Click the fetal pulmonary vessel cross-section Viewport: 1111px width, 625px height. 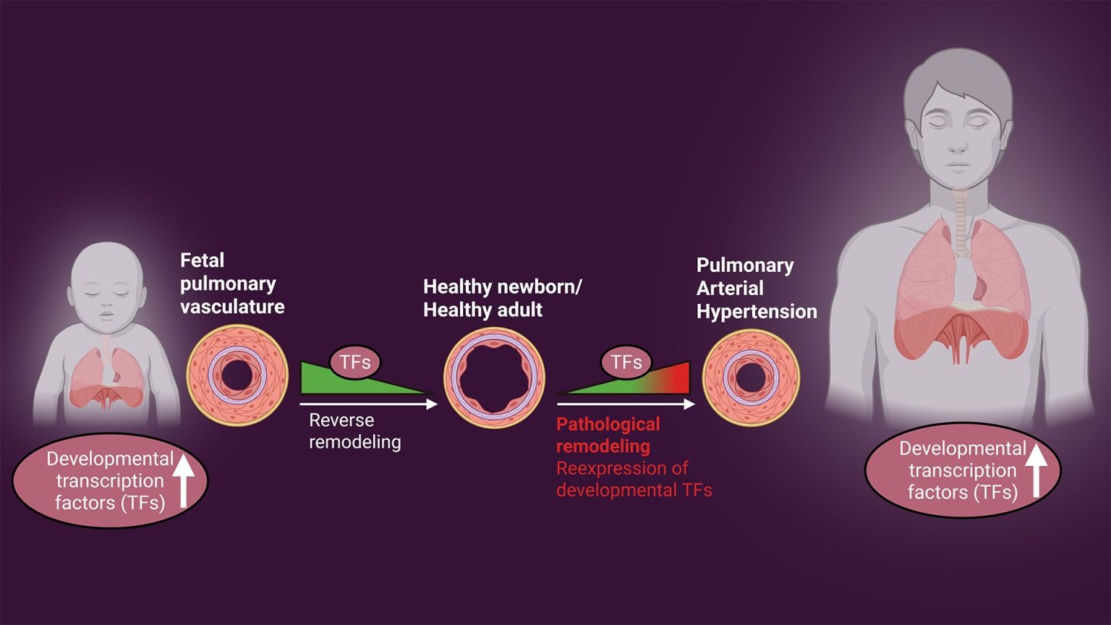pyautogui.click(x=237, y=375)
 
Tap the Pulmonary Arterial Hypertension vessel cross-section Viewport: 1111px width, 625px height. pyautogui.click(x=751, y=377)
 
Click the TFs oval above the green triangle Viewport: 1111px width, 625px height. pyautogui.click(x=354, y=362)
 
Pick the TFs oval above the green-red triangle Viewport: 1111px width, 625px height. pyautogui.click(x=626, y=362)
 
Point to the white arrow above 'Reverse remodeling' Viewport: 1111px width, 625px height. pyautogui.click(x=369, y=404)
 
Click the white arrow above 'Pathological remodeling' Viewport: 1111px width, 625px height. pyautogui.click(x=626, y=404)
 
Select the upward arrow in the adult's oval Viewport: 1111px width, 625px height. pyautogui.click(x=1036, y=470)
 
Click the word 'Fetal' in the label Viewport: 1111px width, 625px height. pyautogui.click(x=202, y=260)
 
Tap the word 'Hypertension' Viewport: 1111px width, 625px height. pyautogui.click(x=757, y=312)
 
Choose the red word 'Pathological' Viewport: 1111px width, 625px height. pyautogui.click(x=608, y=425)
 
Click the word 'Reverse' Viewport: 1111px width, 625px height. pyautogui.click(x=341, y=420)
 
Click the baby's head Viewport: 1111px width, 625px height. pyautogui.click(x=107, y=282)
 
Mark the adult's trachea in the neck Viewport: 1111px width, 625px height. pyautogui.click(x=960, y=217)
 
